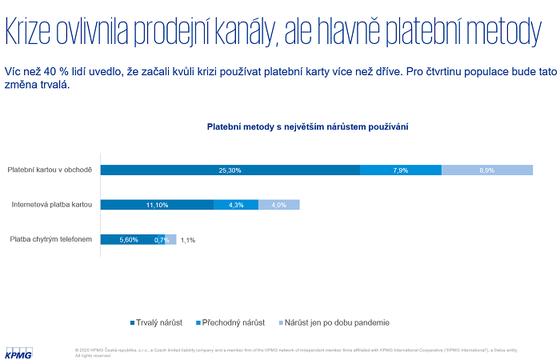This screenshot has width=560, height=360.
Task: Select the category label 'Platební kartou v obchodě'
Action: pos(50,170)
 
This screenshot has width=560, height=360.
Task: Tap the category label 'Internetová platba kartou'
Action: pos(52,205)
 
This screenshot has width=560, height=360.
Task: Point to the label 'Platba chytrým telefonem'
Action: pos(50,239)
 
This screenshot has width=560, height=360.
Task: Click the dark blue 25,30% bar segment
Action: pos(230,170)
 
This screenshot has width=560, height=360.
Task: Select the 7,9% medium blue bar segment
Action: pos(401,170)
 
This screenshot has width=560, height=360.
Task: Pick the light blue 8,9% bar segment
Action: pos(487,170)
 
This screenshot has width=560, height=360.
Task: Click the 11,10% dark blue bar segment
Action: pos(157,205)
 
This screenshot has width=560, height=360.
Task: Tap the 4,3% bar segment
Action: pos(236,205)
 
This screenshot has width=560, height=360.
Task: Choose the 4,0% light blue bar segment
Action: pos(279,205)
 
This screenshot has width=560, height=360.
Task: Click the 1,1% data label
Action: pos(188,239)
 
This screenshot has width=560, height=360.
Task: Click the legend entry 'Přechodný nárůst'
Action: pos(231,322)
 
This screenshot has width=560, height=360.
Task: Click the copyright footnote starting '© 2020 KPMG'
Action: pos(304,351)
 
